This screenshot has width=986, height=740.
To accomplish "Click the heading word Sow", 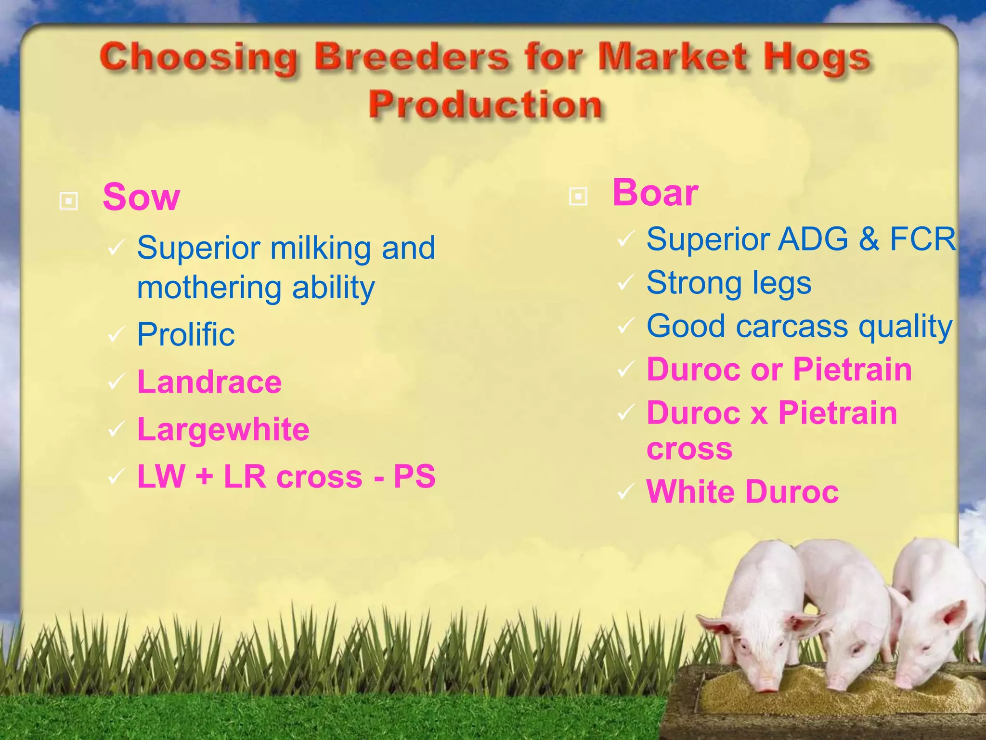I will pos(141,198).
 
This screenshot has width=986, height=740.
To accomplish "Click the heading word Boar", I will pos(655,193).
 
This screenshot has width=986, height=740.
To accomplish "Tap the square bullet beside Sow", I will pos(68,200).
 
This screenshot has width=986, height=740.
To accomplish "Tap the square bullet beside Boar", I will pos(578,196).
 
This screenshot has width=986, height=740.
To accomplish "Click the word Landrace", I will pos(209,382).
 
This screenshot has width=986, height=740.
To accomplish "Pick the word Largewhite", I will pos(223,429).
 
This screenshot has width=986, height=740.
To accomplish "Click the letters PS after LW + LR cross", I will pos(414,476).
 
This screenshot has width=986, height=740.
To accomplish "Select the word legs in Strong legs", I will pos(782,284).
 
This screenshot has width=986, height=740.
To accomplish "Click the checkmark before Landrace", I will pos(116,383).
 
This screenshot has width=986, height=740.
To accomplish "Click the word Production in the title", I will pos(485,105).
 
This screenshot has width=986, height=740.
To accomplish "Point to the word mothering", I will pos(208,288).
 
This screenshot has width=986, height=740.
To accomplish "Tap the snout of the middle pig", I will pos(838,683).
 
